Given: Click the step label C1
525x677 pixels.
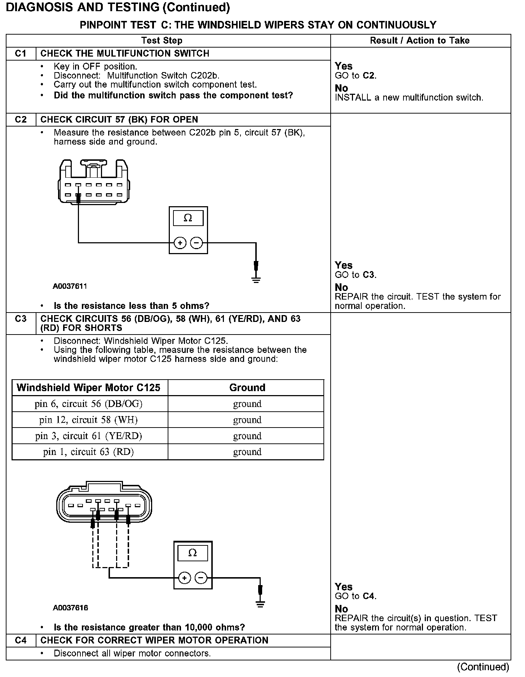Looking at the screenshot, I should pyautogui.click(x=21, y=54).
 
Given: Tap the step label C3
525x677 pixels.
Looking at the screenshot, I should pyautogui.click(x=21, y=319).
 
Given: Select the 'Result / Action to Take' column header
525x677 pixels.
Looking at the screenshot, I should pyautogui.click(x=420, y=40).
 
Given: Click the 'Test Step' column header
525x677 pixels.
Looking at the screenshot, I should pyautogui.click(x=162, y=40).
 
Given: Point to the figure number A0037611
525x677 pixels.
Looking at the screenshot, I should pyautogui.click(x=70, y=286).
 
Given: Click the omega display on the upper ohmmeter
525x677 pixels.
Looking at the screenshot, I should pyautogui.click(x=188, y=218).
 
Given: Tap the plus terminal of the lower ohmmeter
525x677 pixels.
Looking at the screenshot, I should pyautogui.click(x=184, y=578).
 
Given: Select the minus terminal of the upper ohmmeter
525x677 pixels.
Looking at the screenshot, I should pyautogui.click(x=197, y=243).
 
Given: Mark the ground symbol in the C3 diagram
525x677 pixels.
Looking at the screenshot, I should pyautogui.click(x=260, y=605).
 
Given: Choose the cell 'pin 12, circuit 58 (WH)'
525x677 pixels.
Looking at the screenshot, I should pyautogui.click(x=88, y=420).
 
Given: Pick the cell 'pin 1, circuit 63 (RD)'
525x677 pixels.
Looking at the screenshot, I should pyautogui.click(x=88, y=452).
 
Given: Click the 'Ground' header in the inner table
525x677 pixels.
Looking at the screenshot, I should pyautogui.click(x=247, y=388).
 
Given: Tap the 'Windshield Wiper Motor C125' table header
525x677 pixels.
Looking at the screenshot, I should pyautogui.click(x=88, y=388).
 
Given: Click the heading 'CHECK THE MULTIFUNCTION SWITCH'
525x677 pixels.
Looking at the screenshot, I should pyautogui.click(x=125, y=54).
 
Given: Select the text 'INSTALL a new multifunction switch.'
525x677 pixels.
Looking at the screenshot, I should pyautogui.click(x=409, y=98).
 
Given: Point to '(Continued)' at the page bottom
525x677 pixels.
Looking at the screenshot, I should pyautogui.click(x=483, y=667).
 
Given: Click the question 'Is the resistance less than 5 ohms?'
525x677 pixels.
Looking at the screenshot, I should pyautogui.click(x=131, y=306).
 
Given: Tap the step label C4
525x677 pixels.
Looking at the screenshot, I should pyautogui.click(x=21, y=640).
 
